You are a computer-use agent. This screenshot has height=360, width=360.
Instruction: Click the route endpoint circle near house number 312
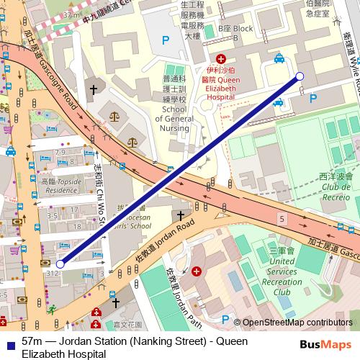tap(60, 264)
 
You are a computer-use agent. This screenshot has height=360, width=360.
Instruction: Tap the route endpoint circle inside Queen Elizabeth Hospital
tap(300, 76)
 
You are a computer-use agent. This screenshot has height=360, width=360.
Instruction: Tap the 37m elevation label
tap(71, 14)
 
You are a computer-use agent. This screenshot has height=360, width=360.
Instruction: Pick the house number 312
tap(53, 274)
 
